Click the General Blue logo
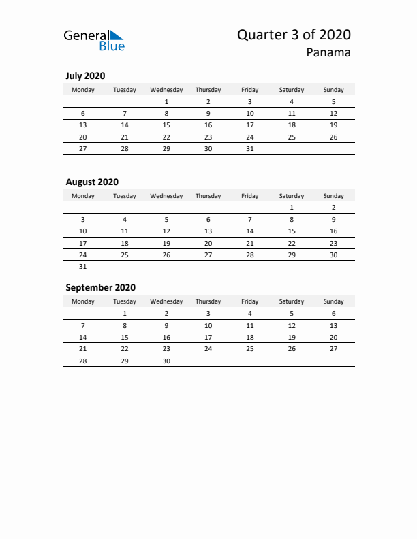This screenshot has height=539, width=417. pos(94,40)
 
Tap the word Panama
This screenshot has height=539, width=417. pos(329,53)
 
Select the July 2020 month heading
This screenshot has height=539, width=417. pos(85,76)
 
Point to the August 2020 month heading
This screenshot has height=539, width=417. pos(92,182)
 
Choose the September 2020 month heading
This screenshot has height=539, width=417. pos(100,287)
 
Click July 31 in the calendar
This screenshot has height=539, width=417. pos(250,149)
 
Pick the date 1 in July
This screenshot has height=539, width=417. pos(166,101)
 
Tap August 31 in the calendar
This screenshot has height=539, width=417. pos(83,267)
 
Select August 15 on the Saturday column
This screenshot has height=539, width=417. pos(292,231)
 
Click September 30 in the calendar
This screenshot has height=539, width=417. pos(166,361)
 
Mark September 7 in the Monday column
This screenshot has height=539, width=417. pos(83,325)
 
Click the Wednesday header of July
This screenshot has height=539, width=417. pos(166,90)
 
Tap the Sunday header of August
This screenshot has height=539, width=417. pos(333,196)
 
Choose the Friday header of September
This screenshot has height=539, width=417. pos(250,301)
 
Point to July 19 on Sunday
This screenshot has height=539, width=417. pos(333,125)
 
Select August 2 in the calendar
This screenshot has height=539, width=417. pos(333,208)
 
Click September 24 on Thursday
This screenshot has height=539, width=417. pos(208,349)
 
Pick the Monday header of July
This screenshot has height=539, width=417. pos(83,90)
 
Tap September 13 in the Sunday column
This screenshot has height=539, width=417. pos(333,325)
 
